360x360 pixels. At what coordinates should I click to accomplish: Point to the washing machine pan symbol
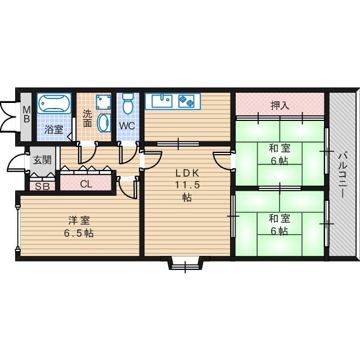pyautogui.click(x=102, y=102)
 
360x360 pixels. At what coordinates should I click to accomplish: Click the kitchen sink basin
pyautogui.click(x=160, y=101)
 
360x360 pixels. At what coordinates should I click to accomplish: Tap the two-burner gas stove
pyautogui.click(x=186, y=101)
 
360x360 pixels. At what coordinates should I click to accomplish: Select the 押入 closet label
pyautogui.click(x=280, y=105)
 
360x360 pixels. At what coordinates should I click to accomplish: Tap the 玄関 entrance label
pyautogui.click(x=42, y=160)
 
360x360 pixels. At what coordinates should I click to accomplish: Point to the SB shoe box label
pyautogui.click(x=42, y=186)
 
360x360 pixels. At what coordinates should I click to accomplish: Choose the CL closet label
pyautogui.click(x=86, y=183)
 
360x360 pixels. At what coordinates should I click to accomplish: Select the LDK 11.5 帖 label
pyautogui.click(x=186, y=185)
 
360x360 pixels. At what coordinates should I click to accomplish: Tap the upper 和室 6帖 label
pyautogui.click(x=280, y=154)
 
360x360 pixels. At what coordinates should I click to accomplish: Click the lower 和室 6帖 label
pyautogui.click(x=280, y=224)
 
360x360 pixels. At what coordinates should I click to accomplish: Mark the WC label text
pyautogui.click(x=127, y=125)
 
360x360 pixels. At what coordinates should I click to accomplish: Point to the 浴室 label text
pyautogui.click(x=54, y=129)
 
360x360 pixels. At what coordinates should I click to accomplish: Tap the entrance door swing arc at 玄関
pyautogui.click(x=16, y=163)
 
